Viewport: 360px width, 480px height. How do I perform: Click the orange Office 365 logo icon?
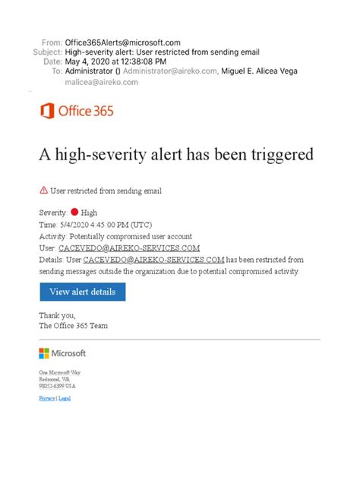pos(46,111)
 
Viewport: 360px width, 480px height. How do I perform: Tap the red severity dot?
pos(74,213)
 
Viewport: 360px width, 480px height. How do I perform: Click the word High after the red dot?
pos(89,213)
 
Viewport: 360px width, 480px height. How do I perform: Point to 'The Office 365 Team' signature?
pos(73,325)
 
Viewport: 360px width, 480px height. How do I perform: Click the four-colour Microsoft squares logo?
pos(44,353)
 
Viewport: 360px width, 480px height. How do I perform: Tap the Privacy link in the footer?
pos(46,399)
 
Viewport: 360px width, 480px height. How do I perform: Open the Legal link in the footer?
pos(65,399)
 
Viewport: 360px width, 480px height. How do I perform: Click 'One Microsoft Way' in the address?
pos(59,372)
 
